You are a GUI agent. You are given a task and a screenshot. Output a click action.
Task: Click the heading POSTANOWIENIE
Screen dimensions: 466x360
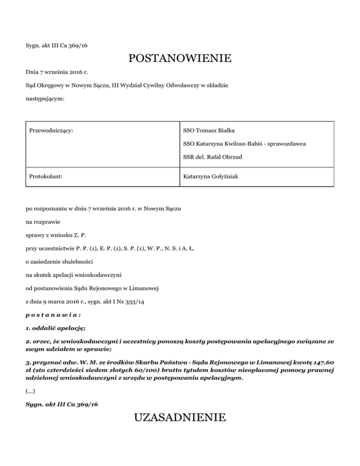click(180, 59)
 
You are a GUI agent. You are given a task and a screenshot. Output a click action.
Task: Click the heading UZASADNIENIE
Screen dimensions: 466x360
click(180, 417)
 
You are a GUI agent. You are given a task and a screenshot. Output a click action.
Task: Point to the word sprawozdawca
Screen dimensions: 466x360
click(286, 144)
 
